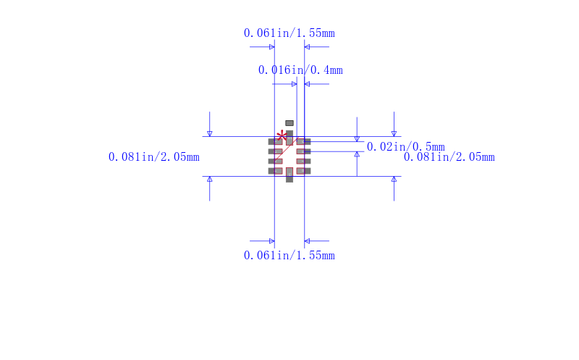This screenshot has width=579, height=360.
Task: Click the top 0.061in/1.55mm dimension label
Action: point(289,33)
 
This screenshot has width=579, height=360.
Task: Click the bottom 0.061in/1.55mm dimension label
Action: point(289,256)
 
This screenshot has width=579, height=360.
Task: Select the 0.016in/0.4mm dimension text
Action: point(300,70)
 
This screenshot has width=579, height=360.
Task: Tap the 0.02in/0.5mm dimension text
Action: point(405,147)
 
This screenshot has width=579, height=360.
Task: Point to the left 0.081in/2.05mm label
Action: point(153,157)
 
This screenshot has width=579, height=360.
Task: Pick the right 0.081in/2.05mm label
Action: point(449,157)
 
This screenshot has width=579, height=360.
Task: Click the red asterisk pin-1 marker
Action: point(282,135)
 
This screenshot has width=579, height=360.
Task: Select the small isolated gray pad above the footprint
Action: point(289,123)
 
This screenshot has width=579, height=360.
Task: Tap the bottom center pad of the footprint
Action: point(289,175)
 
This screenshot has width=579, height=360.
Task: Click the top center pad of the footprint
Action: point(289,138)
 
